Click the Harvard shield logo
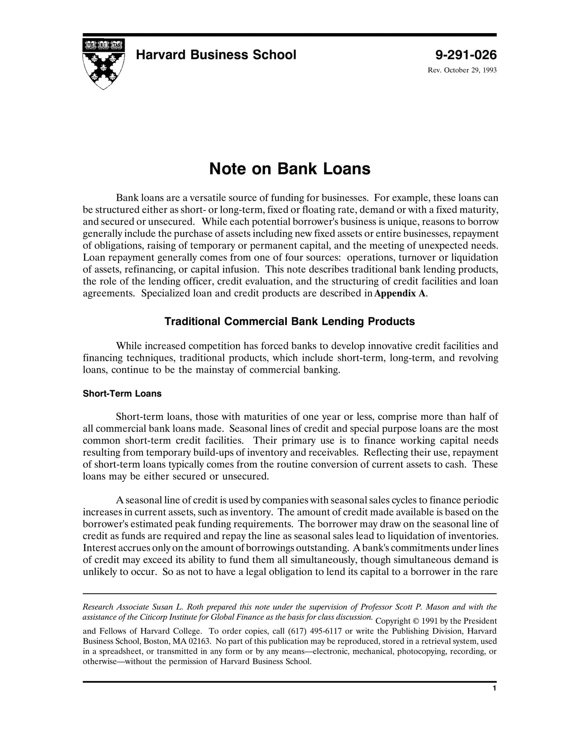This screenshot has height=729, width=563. click(103, 64)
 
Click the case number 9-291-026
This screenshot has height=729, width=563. click(466, 55)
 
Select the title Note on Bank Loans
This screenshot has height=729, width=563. click(289, 169)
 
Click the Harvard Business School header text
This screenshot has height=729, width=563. click(216, 55)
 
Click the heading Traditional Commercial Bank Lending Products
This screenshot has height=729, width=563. click(289, 322)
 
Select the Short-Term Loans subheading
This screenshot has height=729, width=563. click(122, 394)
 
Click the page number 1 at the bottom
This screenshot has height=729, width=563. click(494, 688)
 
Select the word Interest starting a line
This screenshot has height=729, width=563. click(99, 548)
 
